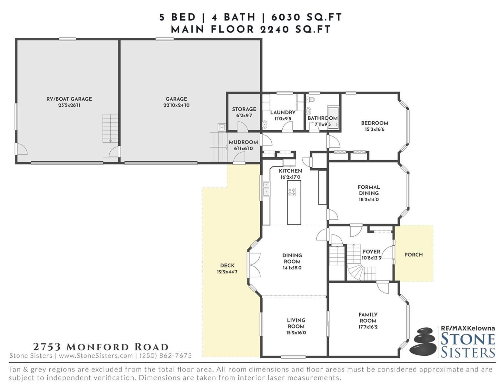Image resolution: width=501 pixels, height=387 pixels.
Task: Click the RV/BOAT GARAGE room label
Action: pos(69,99)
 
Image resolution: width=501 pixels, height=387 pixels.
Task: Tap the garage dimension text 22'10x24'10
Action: pos(176,105)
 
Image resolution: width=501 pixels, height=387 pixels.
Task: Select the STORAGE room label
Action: pos(244,109)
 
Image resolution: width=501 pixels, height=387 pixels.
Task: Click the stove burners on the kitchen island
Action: pos(292,192)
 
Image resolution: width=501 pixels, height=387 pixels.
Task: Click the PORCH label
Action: pos(413,255)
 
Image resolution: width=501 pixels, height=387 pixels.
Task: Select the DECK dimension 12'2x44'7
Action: pos(227,272)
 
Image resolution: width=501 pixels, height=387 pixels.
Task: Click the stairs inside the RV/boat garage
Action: pos(110,128)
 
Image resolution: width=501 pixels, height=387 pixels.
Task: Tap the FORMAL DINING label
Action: pos(369,190)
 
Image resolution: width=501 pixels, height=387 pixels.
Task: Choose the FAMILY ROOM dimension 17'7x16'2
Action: pos(368,327)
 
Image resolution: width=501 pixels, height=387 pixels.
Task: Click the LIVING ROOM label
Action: pos(296,323)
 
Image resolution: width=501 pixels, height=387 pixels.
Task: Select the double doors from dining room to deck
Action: pos(255,265)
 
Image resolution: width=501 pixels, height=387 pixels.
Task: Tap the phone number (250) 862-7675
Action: pos(166,356)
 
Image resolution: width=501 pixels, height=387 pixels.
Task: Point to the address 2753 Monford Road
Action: pos(101,347)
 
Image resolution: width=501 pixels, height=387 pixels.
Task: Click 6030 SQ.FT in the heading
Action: pos(306,17)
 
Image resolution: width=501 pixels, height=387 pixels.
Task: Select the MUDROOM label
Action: pos(243,142)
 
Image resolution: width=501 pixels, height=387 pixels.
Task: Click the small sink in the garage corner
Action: pos(222,127)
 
